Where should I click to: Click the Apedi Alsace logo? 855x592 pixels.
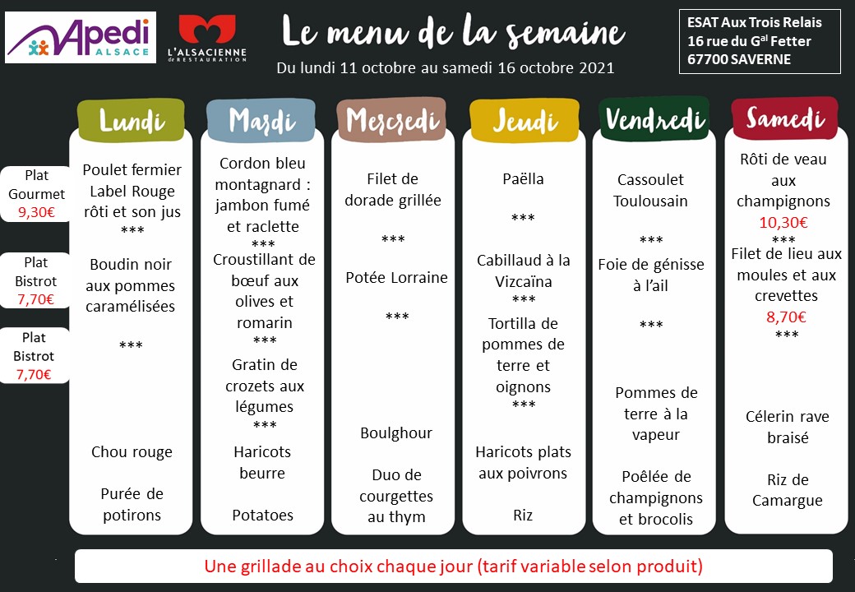[80, 38]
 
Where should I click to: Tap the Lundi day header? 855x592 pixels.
[132, 121]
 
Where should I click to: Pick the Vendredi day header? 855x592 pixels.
[654, 121]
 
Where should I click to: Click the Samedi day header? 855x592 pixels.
[785, 119]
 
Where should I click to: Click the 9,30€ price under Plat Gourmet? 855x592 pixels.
[36, 212]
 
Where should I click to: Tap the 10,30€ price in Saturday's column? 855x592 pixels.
[783, 222]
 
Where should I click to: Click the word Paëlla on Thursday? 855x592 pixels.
[523, 179]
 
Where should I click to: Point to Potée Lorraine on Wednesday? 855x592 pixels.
[396, 278]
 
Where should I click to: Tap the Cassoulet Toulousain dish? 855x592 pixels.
[650, 190]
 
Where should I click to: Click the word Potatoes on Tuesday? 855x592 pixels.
[262, 516]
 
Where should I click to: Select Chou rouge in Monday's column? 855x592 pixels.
[132, 452]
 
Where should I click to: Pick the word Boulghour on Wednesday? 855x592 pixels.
[396, 433]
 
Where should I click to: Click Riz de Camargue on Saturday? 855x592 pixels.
[787, 490]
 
